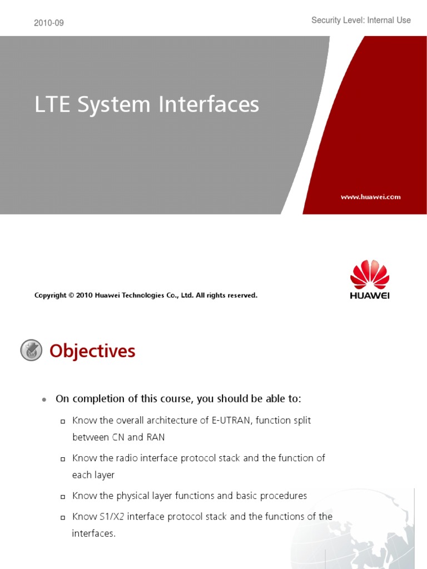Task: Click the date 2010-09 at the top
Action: (48, 23)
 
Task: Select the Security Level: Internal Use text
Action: (361, 21)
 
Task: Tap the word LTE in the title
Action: (53, 105)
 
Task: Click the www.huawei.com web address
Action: (370, 197)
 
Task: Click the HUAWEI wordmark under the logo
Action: (370, 296)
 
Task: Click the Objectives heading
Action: (92, 351)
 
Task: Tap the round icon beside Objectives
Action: (31, 351)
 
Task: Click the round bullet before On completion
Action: (43, 400)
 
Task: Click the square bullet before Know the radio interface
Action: (63, 459)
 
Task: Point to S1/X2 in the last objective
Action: (111, 517)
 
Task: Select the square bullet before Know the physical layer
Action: (63, 496)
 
